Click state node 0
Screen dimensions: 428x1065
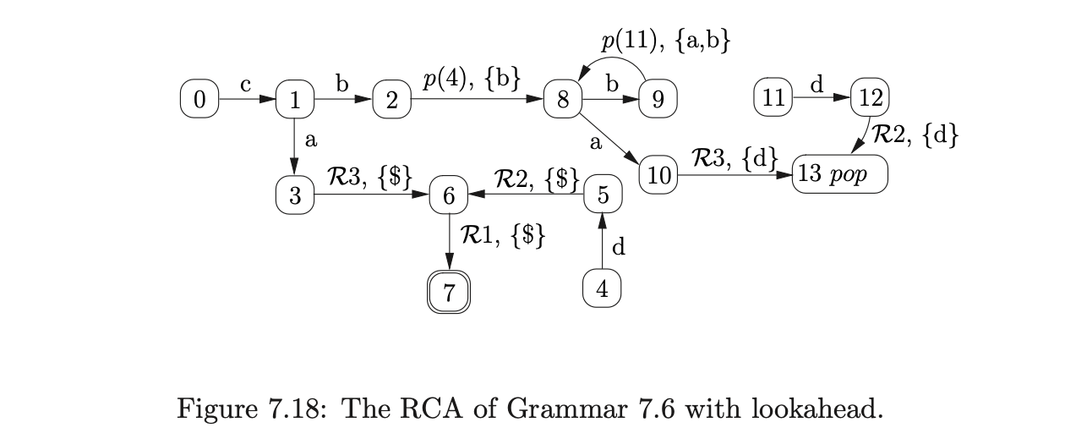(199, 99)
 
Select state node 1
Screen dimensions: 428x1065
(294, 100)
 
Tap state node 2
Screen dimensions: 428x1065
(391, 100)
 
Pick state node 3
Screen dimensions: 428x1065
(294, 196)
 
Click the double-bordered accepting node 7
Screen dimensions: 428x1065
(449, 293)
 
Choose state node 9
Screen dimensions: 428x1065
(658, 100)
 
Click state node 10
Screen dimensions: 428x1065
(658, 176)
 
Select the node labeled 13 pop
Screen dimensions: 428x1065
(840, 176)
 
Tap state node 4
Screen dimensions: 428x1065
(602, 289)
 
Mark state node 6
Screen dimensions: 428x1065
(449, 196)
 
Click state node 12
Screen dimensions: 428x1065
(868, 99)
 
